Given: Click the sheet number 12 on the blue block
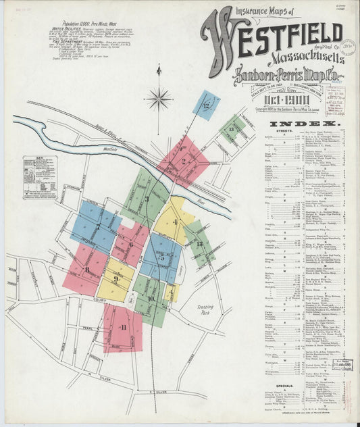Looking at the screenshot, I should (205, 105).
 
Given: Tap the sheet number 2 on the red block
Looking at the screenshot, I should (184, 161).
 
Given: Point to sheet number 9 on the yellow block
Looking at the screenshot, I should (115, 278).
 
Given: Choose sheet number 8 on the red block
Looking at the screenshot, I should (87, 270).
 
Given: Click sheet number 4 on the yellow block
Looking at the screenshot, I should (175, 222).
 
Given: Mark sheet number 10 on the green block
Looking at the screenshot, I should (151, 298).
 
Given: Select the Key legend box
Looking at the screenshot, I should (38, 178).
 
